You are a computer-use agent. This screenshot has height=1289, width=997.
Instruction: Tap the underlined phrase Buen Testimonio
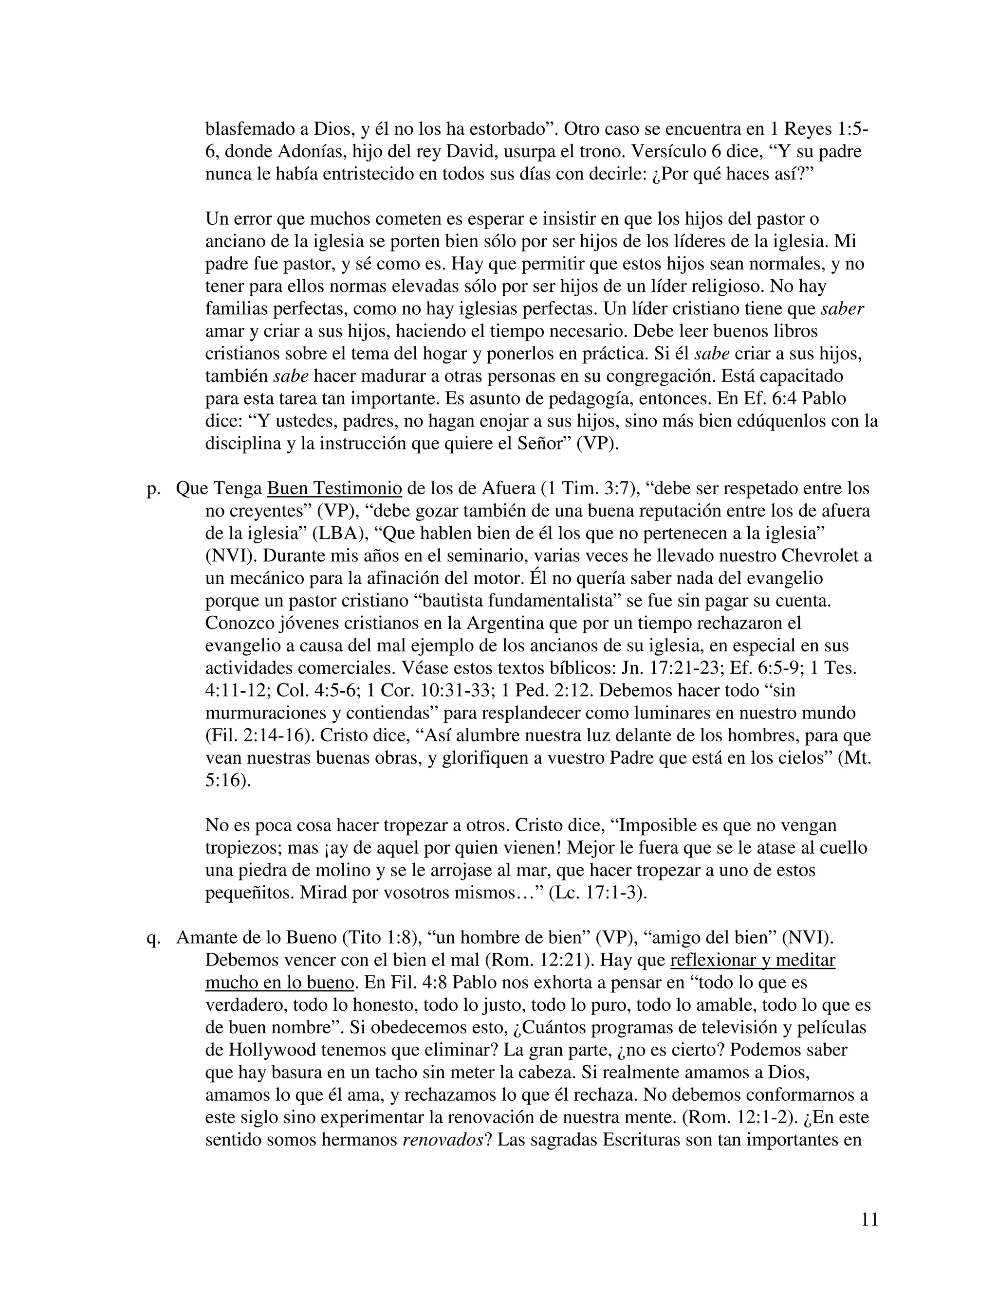click(334, 489)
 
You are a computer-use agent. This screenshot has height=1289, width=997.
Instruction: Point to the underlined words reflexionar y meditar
click(753, 960)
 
